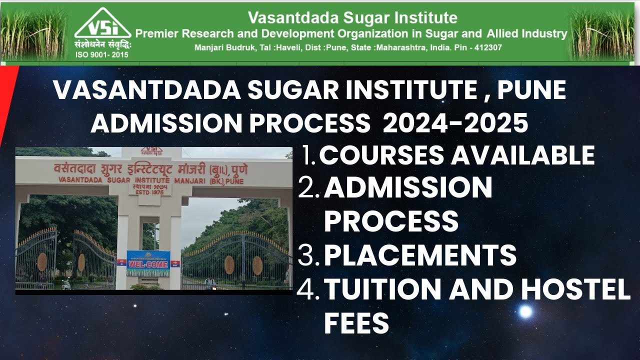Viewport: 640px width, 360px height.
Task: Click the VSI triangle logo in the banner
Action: [x=102, y=24]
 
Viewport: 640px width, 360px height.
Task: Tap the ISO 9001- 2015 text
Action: [x=101, y=54]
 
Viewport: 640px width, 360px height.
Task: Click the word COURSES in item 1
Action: [x=381, y=155]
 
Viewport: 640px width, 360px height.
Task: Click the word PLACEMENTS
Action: [x=420, y=255]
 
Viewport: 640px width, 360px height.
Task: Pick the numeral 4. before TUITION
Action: [x=308, y=290]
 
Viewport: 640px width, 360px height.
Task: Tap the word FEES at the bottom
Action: [x=356, y=323]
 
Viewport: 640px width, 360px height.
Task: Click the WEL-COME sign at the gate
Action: [x=148, y=263]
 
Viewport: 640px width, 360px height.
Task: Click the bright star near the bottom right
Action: [x=525, y=311]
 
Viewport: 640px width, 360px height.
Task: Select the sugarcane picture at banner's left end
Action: [x=34, y=32]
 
